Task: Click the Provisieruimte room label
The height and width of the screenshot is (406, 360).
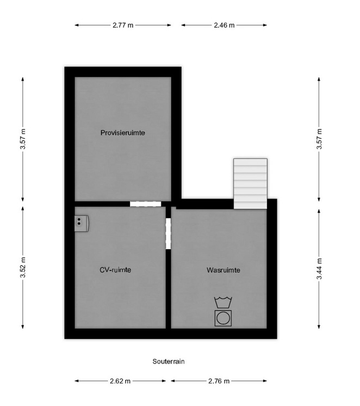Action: pos(123,133)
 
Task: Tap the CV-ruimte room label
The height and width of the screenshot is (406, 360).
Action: pos(115,270)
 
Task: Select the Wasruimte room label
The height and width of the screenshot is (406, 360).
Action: pos(224,270)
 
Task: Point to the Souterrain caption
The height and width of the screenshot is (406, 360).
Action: pos(169,361)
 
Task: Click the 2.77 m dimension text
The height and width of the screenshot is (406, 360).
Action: pos(123,25)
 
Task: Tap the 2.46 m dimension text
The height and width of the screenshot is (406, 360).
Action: pos(224,25)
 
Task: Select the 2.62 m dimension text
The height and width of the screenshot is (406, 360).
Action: pos(120,381)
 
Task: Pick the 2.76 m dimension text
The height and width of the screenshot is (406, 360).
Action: pos(219,381)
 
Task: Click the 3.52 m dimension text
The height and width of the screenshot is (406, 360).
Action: pos(23,267)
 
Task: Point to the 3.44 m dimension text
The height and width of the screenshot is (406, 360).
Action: pos(319,269)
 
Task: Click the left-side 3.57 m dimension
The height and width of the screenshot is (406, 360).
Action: pos(23,139)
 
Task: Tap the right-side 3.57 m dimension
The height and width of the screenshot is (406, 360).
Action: pos(319,139)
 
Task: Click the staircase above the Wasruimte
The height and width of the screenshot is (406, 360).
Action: pos(250,183)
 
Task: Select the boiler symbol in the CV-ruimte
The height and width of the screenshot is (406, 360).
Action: pos(82,223)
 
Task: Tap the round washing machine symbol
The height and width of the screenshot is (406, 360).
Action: pos(223,318)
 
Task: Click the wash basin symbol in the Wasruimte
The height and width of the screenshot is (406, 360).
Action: pos(223,302)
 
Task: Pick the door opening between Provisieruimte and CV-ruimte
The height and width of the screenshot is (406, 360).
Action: pos(145,204)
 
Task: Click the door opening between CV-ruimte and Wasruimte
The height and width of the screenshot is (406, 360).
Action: pos(168,233)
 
